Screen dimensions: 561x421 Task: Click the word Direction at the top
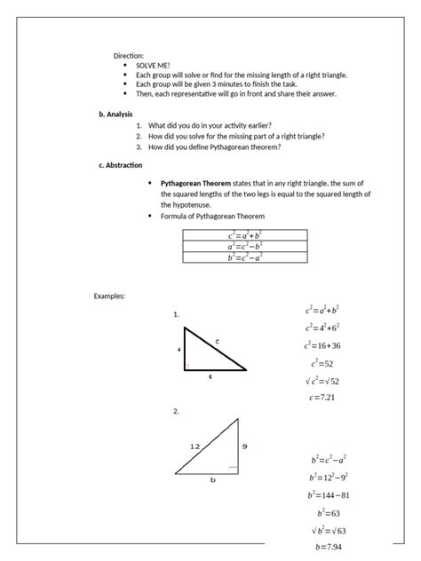(x=128, y=55)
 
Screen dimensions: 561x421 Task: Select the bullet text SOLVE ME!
(x=153, y=66)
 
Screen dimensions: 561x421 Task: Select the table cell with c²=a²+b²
(x=244, y=235)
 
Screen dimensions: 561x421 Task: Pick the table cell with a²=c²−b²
(x=244, y=246)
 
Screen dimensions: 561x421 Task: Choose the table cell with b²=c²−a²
(x=244, y=257)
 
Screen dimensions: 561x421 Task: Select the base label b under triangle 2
(x=212, y=480)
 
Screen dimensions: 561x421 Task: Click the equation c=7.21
(x=322, y=398)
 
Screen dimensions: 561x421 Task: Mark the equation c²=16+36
(x=322, y=345)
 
